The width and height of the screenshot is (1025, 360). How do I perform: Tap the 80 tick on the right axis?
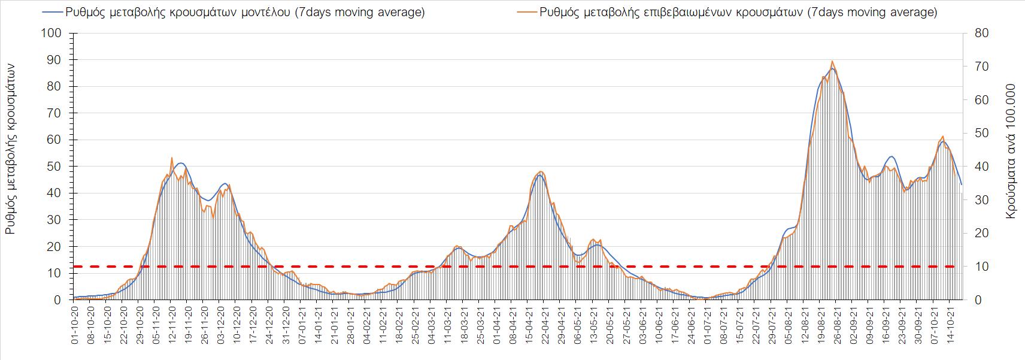(981, 33)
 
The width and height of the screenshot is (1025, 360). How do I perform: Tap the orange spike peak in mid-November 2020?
(172, 158)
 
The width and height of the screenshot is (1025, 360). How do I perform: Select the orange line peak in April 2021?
(541, 172)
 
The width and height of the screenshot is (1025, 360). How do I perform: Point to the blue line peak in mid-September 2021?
(891, 157)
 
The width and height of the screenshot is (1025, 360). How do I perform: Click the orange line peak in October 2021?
(943, 137)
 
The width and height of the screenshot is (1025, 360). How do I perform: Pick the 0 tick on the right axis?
(978, 300)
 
